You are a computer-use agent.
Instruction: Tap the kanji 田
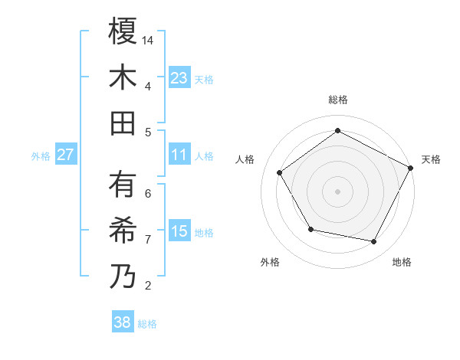123,123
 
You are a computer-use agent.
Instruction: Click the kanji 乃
123,276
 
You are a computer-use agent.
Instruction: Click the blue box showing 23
179,78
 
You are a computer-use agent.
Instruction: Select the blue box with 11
179,155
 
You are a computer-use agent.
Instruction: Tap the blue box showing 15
179,231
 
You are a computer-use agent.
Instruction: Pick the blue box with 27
66,155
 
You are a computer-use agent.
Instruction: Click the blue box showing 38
122,322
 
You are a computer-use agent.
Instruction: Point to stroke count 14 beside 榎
149,40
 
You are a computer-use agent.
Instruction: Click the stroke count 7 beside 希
148,240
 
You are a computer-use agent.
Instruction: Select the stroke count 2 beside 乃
148,286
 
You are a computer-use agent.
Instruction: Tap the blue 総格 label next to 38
147,324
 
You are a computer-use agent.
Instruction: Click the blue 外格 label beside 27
41,156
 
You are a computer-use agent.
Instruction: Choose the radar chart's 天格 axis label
432,159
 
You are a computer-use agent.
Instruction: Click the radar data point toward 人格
280,173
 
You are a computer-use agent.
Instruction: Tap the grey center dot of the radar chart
337,191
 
